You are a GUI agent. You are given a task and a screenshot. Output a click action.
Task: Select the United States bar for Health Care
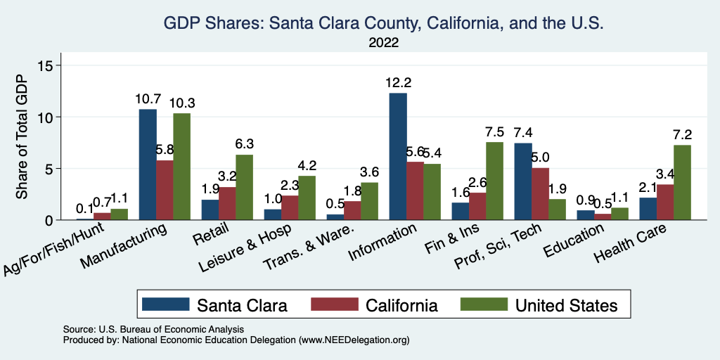click(x=682, y=183)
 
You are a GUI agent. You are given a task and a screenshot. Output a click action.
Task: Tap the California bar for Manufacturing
click(x=165, y=190)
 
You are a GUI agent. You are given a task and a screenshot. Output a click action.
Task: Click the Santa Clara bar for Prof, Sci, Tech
click(x=522, y=181)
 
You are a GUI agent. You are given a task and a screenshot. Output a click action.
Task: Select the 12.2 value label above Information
click(x=398, y=82)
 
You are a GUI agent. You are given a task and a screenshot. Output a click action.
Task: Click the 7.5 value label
click(x=494, y=131)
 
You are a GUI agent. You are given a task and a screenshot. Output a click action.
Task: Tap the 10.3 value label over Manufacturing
click(x=181, y=103)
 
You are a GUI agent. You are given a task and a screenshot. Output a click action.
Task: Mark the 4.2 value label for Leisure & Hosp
click(x=307, y=166)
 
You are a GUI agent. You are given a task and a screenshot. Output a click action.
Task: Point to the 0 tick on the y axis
click(x=58, y=220)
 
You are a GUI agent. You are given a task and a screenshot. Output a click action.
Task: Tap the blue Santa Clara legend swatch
click(x=165, y=304)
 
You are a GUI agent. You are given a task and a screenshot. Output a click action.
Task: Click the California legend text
click(x=401, y=305)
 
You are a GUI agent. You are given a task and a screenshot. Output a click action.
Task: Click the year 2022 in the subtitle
click(x=384, y=43)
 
